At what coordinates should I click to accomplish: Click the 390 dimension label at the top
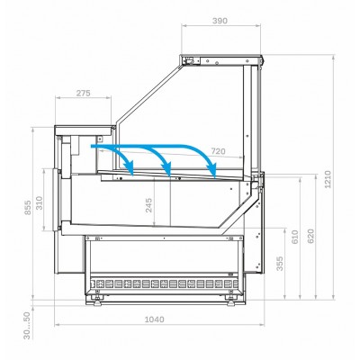tap(220, 21)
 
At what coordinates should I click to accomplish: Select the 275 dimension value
tap(83, 94)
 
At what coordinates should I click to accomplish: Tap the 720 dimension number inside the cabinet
tap(218, 151)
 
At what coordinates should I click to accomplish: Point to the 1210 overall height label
tap(328, 179)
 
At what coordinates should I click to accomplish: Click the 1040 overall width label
tap(155, 319)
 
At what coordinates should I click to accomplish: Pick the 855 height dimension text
tap(28, 208)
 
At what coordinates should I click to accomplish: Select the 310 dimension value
tap(40, 202)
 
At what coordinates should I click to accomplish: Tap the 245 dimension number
tap(148, 205)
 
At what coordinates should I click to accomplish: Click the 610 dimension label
tap(295, 237)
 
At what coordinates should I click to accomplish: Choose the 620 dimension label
tap(310, 236)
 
